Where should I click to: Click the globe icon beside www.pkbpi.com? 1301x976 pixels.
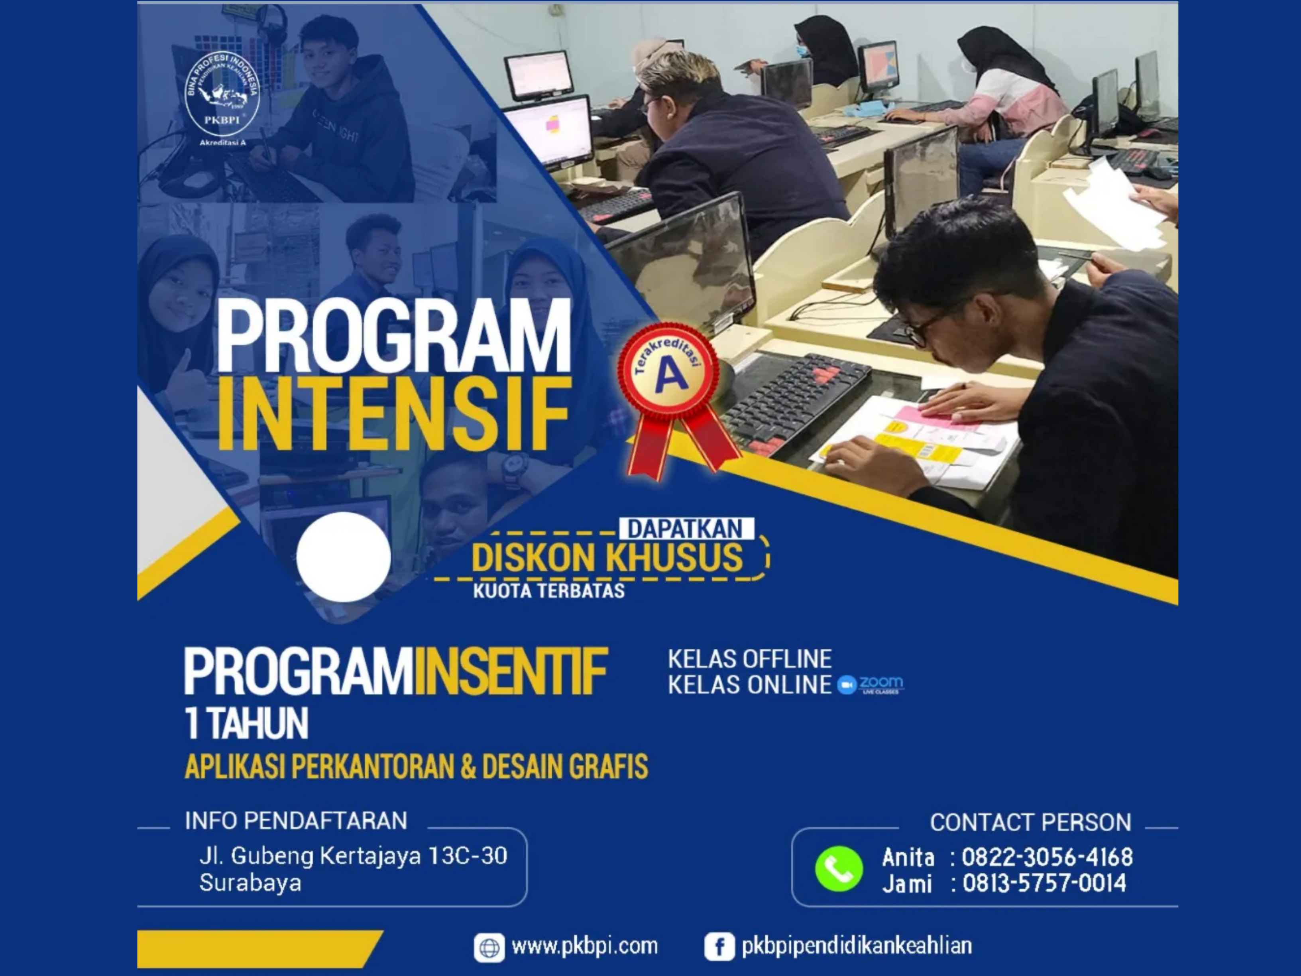(x=489, y=948)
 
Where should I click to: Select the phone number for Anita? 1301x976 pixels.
(x=1047, y=857)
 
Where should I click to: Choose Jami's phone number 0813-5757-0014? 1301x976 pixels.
(x=1044, y=883)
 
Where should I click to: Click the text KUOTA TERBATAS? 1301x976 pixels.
(x=549, y=590)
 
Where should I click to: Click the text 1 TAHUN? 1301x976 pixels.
(x=246, y=724)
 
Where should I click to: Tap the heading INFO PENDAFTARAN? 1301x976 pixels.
(x=296, y=821)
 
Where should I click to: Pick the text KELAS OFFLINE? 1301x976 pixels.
(x=749, y=659)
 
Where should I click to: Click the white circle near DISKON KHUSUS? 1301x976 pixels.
(x=344, y=557)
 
